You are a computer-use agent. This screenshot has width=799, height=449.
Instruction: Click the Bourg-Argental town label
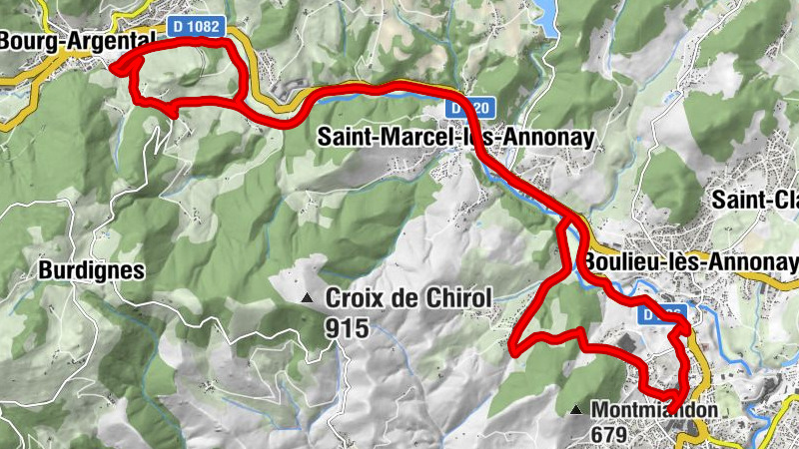78,40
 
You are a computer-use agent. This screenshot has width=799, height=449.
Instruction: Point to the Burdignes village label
92,269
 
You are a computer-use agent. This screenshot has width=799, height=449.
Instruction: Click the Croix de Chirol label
408,297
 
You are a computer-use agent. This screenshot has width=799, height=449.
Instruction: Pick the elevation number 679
608,435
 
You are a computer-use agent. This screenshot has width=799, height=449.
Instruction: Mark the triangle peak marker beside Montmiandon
576,410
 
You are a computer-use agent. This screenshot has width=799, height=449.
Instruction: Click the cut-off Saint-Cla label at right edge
755,199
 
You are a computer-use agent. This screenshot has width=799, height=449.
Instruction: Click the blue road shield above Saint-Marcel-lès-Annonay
464,106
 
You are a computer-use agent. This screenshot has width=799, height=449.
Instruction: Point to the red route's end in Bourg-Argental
113,68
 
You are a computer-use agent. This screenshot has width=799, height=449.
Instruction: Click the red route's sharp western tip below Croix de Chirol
512,349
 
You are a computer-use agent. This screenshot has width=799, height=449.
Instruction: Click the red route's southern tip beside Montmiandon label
680,418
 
